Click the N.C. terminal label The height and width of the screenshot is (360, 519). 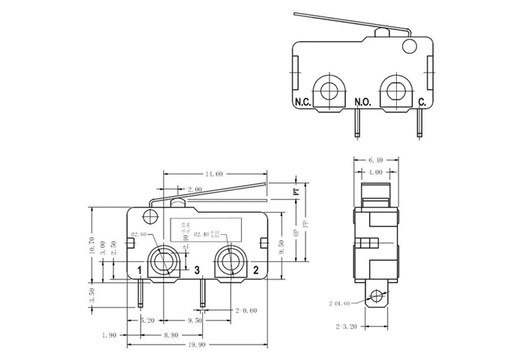click(303, 102)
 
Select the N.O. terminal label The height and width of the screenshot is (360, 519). click(362, 102)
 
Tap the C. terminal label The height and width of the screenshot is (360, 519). click(422, 102)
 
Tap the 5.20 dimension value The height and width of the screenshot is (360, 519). click(148, 320)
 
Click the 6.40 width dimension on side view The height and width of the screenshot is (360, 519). click(375, 159)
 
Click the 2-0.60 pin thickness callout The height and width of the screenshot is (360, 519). click(246, 309)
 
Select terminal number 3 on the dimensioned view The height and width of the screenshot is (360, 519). click(196, 269)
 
